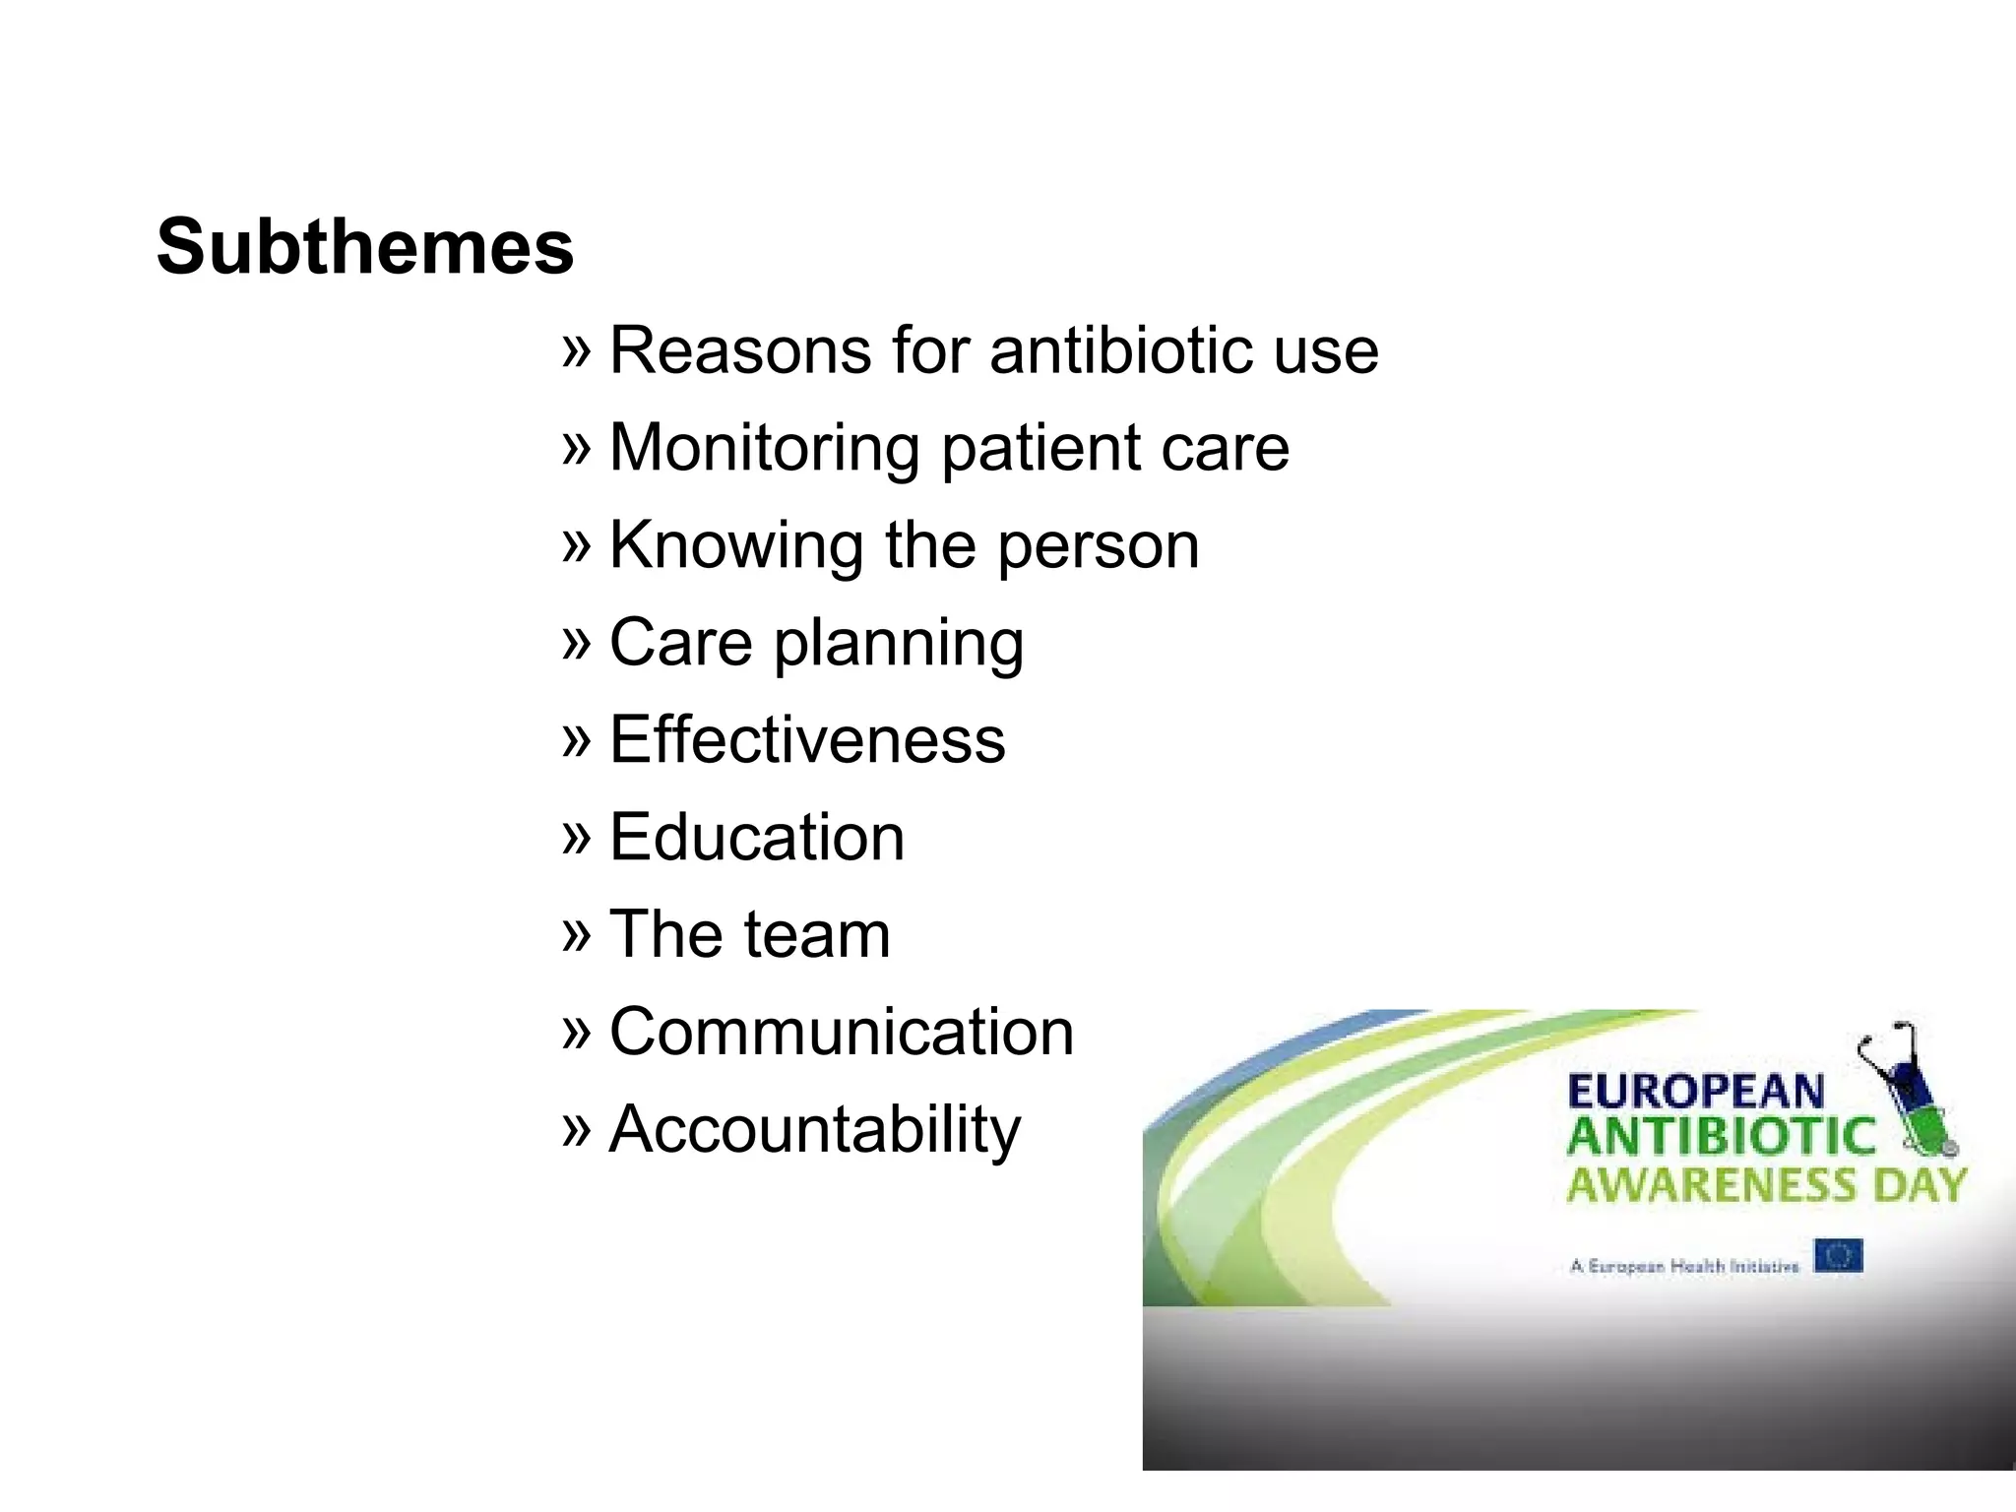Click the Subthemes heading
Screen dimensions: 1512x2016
pos(364,246)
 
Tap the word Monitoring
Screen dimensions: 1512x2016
pos(764,447)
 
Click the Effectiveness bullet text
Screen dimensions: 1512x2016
pos(807,739)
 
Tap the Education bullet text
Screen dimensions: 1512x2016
pos(756,837)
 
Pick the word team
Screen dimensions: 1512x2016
pos(818,934)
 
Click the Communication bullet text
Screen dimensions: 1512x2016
pos(842,1032)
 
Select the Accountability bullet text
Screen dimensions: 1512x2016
pos(815,1129)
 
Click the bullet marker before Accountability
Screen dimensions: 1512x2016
pos(576,1129)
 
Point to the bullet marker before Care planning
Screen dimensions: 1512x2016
pos(576,642)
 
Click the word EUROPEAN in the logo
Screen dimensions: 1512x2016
pos(1695,1092)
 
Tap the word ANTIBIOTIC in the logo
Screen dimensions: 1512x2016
pos(1721,1137)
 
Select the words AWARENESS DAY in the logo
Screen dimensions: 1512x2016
pos(1766,1184)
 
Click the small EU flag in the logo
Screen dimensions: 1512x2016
pos(1838,1257)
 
